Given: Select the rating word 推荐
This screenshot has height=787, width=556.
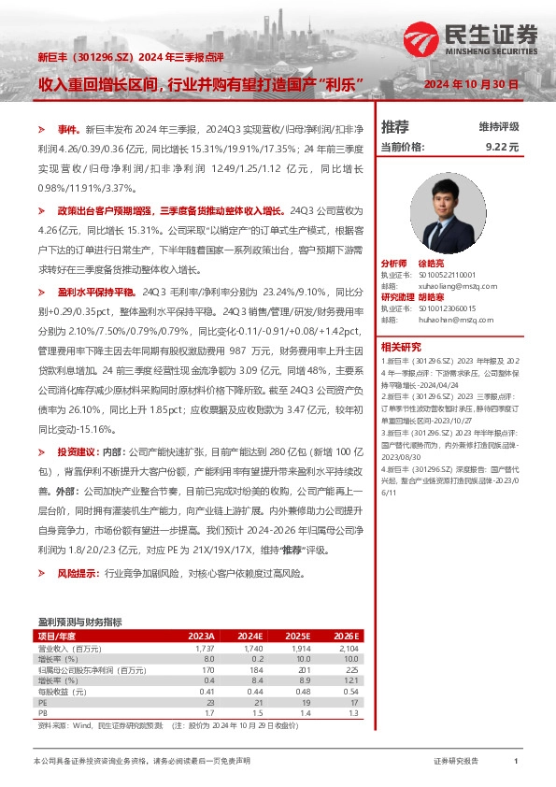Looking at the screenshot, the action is [395, 127].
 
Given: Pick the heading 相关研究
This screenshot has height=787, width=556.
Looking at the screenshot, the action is [401, 346].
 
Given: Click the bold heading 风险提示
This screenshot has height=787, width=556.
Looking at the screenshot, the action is [78, 572].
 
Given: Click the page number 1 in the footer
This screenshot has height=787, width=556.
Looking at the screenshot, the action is [516, 763].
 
